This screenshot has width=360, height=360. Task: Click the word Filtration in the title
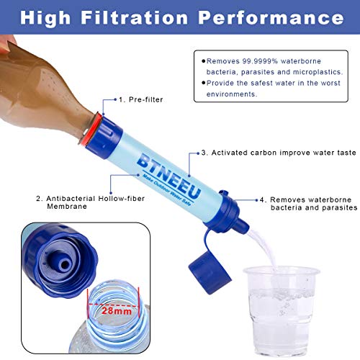(x=135, y=17)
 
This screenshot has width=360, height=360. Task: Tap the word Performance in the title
(x=271, y=17)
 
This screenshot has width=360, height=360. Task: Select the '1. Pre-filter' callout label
(x=141, y=99)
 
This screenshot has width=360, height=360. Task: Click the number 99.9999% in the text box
(x=260, y=61)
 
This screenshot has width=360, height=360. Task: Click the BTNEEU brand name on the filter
(x=168, y=176)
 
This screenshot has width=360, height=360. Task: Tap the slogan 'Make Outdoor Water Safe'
(x=167, y=190)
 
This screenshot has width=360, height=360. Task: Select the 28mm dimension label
(x=117, y=311)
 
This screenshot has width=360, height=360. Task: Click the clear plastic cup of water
(x=282, y=311)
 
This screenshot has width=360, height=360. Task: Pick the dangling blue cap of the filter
(x=210, y=273)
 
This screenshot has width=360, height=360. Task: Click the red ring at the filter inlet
(x=89, y=130)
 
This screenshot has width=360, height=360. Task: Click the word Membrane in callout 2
(x=67, y=207)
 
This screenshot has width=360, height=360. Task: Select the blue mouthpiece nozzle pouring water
(x=242, y=225)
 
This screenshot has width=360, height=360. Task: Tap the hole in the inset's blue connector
(x=65, y=265)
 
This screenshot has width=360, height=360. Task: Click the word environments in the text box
(x=232, y=94)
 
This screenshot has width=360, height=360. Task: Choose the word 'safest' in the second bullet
(x=261, y=83)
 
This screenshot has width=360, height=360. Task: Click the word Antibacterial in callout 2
(x=71, y=199)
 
